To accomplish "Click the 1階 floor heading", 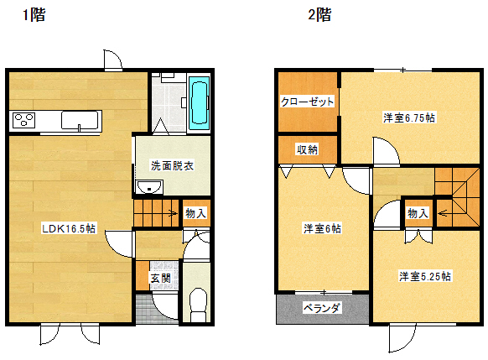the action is [x=34, y=14].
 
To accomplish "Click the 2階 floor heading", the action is [x=319, y=14].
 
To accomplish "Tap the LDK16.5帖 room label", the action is [x=69, y=228].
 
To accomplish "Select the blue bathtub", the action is [x=200, y=102].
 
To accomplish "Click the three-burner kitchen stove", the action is [x=23, y=120].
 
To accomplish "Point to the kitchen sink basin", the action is [x=80, y=120].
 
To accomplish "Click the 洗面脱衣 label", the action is [x=172, y=165].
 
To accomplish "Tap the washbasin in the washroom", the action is [x=149, y=187].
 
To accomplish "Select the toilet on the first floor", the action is [x=198, y=305].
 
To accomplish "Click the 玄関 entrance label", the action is [x=161, y=278].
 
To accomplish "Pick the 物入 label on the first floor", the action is [x=195, y=213].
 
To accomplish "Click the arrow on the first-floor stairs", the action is [x=173, y=213].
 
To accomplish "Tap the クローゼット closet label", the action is [x=307, y=102].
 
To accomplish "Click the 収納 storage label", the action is [x=307, y=150].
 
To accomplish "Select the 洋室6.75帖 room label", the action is [x=409, y=117].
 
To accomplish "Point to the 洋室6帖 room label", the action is [x=323, y=228].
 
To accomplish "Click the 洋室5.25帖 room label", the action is [x=425, y=276].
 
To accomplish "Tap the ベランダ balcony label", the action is [x=322, y=308].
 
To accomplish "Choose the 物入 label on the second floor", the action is [x=418, y=213].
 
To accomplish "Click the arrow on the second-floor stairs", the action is [x=442, y=213].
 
